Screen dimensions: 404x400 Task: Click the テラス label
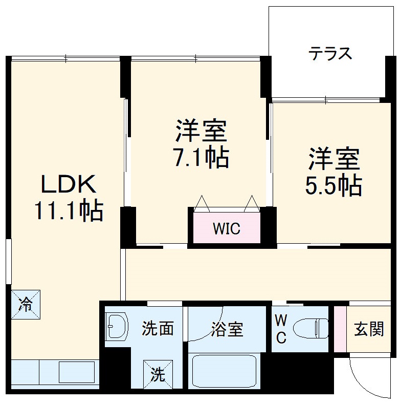pos(330,53)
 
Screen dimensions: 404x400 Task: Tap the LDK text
pos(69,184)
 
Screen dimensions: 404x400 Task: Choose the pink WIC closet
pos(226,228)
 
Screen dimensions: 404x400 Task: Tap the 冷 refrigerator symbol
pos(25,304)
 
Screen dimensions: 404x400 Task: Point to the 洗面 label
pos(158,329)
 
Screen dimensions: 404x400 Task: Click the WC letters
pos(281,329)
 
